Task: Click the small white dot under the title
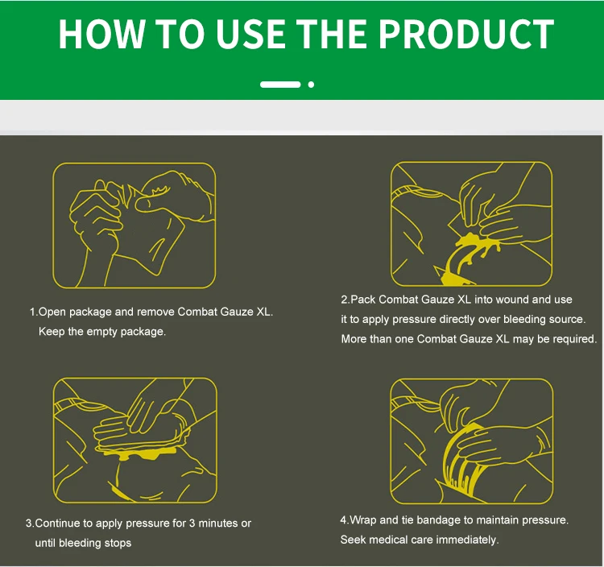(x=311, y=85)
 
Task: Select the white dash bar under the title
(x=280, y=85)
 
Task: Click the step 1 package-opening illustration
(x=134, y=226)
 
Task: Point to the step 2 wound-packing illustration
(x=471, y=224)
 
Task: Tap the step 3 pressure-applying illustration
(x=134, y=441)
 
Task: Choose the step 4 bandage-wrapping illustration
(x=471, y=441)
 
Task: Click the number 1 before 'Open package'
(x=32, y=312)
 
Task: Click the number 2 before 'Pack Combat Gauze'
(x=344, y=300)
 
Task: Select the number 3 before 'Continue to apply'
(x=28, y=524)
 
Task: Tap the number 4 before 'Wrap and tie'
(x=344, y=520)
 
